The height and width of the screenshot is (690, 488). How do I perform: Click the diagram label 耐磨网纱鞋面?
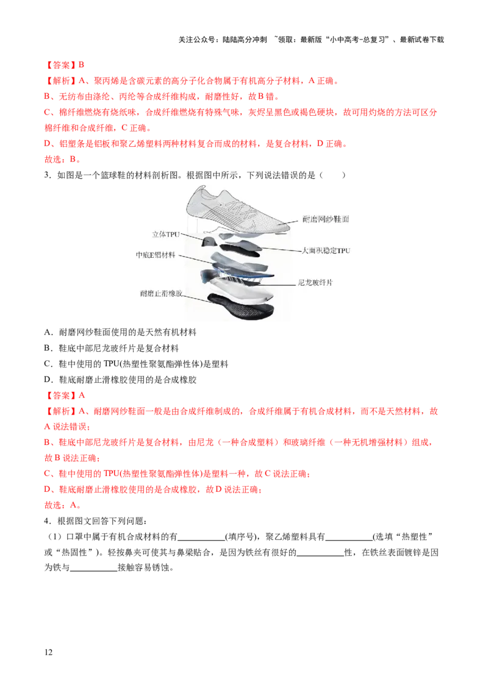[x=326, y=219]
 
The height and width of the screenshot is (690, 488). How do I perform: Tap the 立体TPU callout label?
[x=166, y=235]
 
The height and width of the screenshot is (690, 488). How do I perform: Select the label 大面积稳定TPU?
[x=326, y=251]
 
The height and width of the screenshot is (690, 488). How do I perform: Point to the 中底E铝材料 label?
[x=156, y=255]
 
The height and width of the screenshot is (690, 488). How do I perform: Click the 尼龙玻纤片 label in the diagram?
[x=315, y=282]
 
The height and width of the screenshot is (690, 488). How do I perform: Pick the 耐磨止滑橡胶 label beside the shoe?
[x=161, y=293]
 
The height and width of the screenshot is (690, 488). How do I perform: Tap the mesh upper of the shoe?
[x=238, y=210]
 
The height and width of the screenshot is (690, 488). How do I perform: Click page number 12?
[x=48, y=652]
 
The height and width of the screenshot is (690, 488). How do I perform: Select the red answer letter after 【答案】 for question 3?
[x=82, y=396]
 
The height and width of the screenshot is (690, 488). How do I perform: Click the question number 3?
[x=47, y=175]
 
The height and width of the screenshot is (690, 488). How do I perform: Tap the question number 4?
[x=47, y=521]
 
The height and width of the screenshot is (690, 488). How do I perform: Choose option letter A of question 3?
[x=47, y=332]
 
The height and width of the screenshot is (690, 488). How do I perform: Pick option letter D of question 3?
[x=47, y=380]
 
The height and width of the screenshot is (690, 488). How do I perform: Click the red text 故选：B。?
[x=63, y=159]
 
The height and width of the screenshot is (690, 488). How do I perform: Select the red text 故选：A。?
[x=63, y=505]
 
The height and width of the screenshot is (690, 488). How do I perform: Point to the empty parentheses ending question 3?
[x=332, y=175]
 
